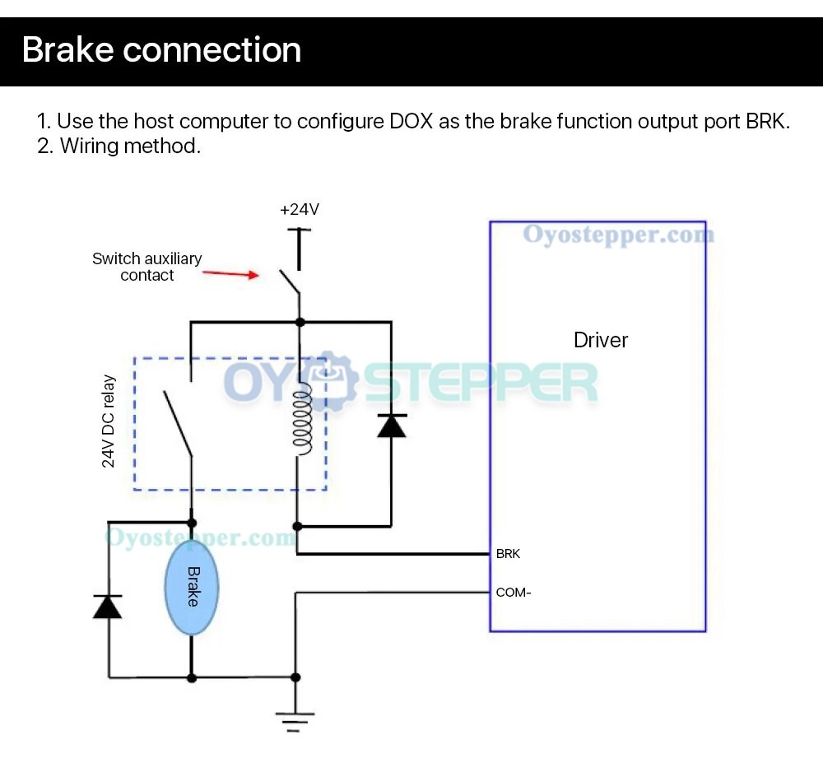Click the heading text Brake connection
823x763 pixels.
click(161, 49)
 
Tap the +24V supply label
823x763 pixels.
click(299, 210)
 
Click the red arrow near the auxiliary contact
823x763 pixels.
click(230, 273)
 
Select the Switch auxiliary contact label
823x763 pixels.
click(146, 267)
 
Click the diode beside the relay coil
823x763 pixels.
click(391, 426)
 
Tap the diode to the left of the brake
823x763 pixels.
click(108, 607)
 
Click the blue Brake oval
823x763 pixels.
click(192, 587)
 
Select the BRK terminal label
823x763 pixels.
click(508, 554)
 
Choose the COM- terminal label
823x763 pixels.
click(513, 593)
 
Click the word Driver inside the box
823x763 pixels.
click(600, 340)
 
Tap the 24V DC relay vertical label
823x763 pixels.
click(109, 421)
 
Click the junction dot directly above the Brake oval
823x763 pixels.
click(192, 523)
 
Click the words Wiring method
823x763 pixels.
click(130, 147)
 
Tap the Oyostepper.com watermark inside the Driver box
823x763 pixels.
click(618, 235)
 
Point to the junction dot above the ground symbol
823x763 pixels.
click(295, 677)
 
